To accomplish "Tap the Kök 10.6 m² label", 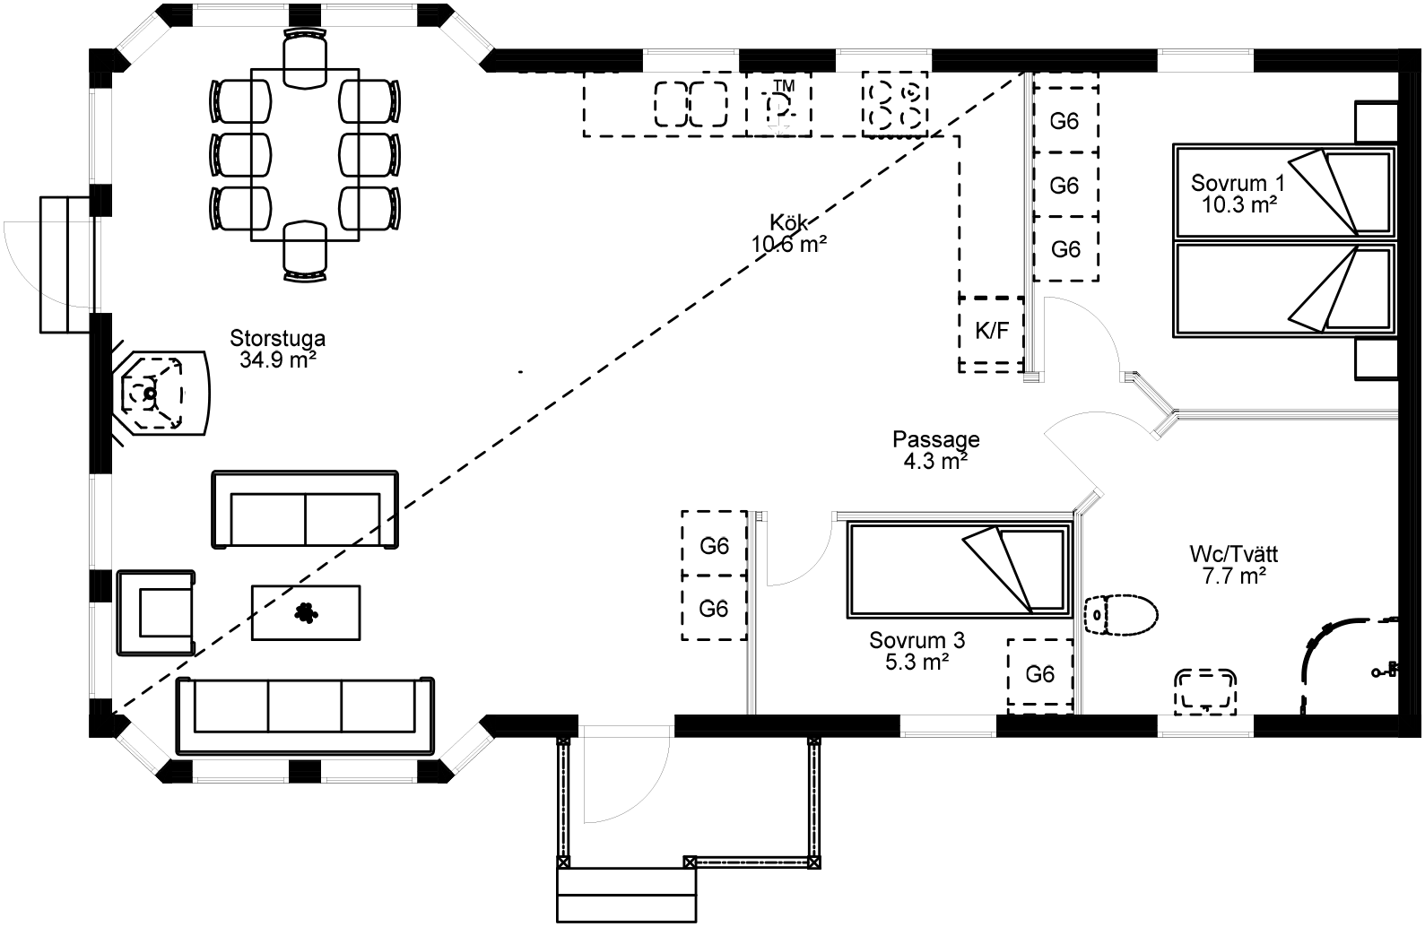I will click(x=788, y=232).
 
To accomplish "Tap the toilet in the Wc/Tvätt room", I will click(x=1120, y=614).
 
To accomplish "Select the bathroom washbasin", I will click(x=1206, y=690).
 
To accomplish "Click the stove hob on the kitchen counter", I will click(x=894, y=104).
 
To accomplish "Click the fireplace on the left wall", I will click(x=157, y=393).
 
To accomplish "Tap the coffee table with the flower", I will click(x=306, y=612).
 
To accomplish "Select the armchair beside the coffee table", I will click(x=156, y=612).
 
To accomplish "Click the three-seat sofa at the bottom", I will click(x=305, y=713).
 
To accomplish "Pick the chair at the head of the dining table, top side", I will click(x=305, y=56).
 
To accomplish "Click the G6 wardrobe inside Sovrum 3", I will click(x=1039, y=674).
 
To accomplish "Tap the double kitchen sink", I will click(x=691, y=105).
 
